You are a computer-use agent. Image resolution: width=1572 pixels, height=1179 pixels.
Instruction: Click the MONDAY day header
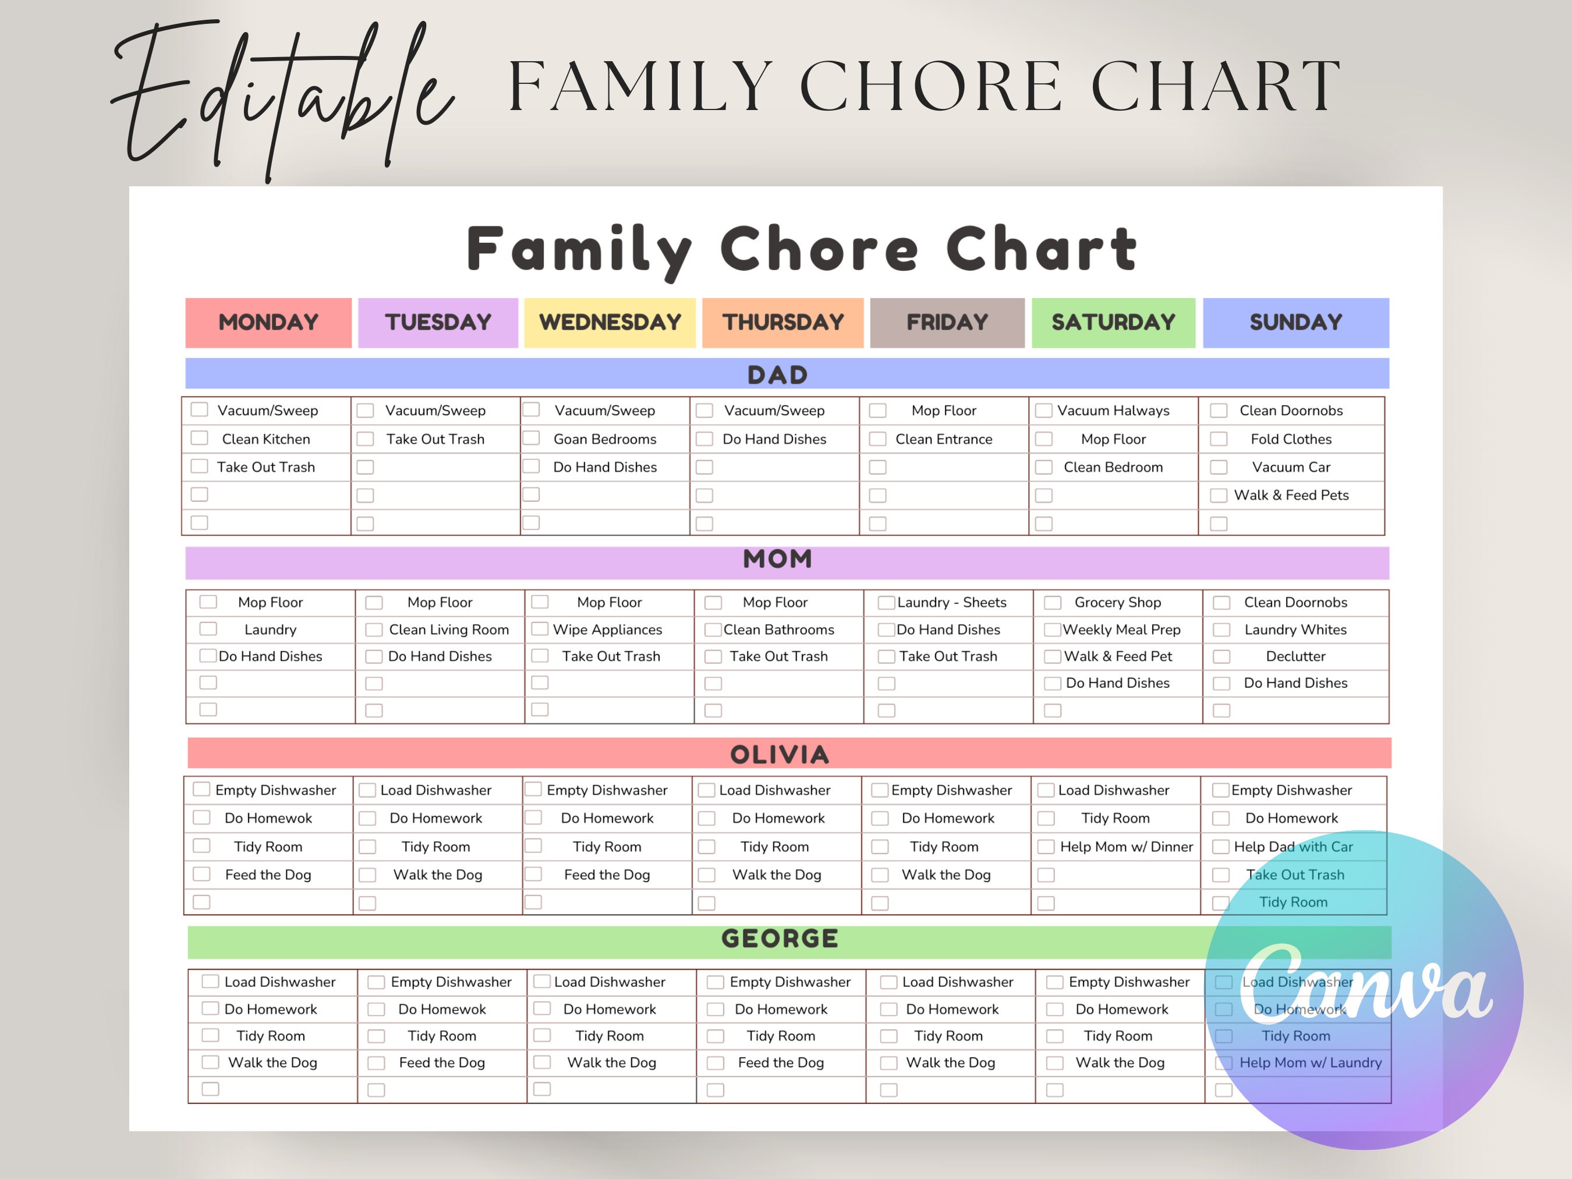click(268, 323)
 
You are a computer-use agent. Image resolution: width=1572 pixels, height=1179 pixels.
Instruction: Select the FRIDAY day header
click(947, 323)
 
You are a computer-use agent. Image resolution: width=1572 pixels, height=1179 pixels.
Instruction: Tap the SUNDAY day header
click(1295, 323)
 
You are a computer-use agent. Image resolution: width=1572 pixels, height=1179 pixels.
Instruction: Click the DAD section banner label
click(777, 374)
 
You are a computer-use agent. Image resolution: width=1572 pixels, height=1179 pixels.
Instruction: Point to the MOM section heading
click(777, 560)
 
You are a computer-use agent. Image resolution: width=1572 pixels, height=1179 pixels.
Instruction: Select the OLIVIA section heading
click(780, 755)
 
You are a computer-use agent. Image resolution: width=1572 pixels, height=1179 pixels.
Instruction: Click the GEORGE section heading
click(780, 939)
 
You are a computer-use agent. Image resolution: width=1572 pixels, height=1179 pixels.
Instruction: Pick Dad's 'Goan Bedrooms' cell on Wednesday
click(605, 439)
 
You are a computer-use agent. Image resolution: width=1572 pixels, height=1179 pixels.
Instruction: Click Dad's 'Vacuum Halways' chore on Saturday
click(1113, 411)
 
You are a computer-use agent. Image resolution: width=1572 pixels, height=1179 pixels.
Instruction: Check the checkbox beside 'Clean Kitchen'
click(200, 438)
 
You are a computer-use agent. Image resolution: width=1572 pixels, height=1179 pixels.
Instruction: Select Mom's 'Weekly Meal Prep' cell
click(1121, 629)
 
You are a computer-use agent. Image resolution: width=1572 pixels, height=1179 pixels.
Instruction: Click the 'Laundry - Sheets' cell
click(951, 603)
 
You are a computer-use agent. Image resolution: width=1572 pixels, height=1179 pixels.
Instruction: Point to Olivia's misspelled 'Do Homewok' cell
click(268, 818)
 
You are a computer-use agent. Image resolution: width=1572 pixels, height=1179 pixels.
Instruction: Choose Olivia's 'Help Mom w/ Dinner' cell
click(1125, 847)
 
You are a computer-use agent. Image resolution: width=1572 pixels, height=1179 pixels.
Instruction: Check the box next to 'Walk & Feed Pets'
click(1219, 495)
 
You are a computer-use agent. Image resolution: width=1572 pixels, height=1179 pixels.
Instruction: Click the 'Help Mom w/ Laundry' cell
click(1310, 1063)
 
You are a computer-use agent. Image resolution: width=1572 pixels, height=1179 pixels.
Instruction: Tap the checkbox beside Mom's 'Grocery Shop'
click(1053, 603)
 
